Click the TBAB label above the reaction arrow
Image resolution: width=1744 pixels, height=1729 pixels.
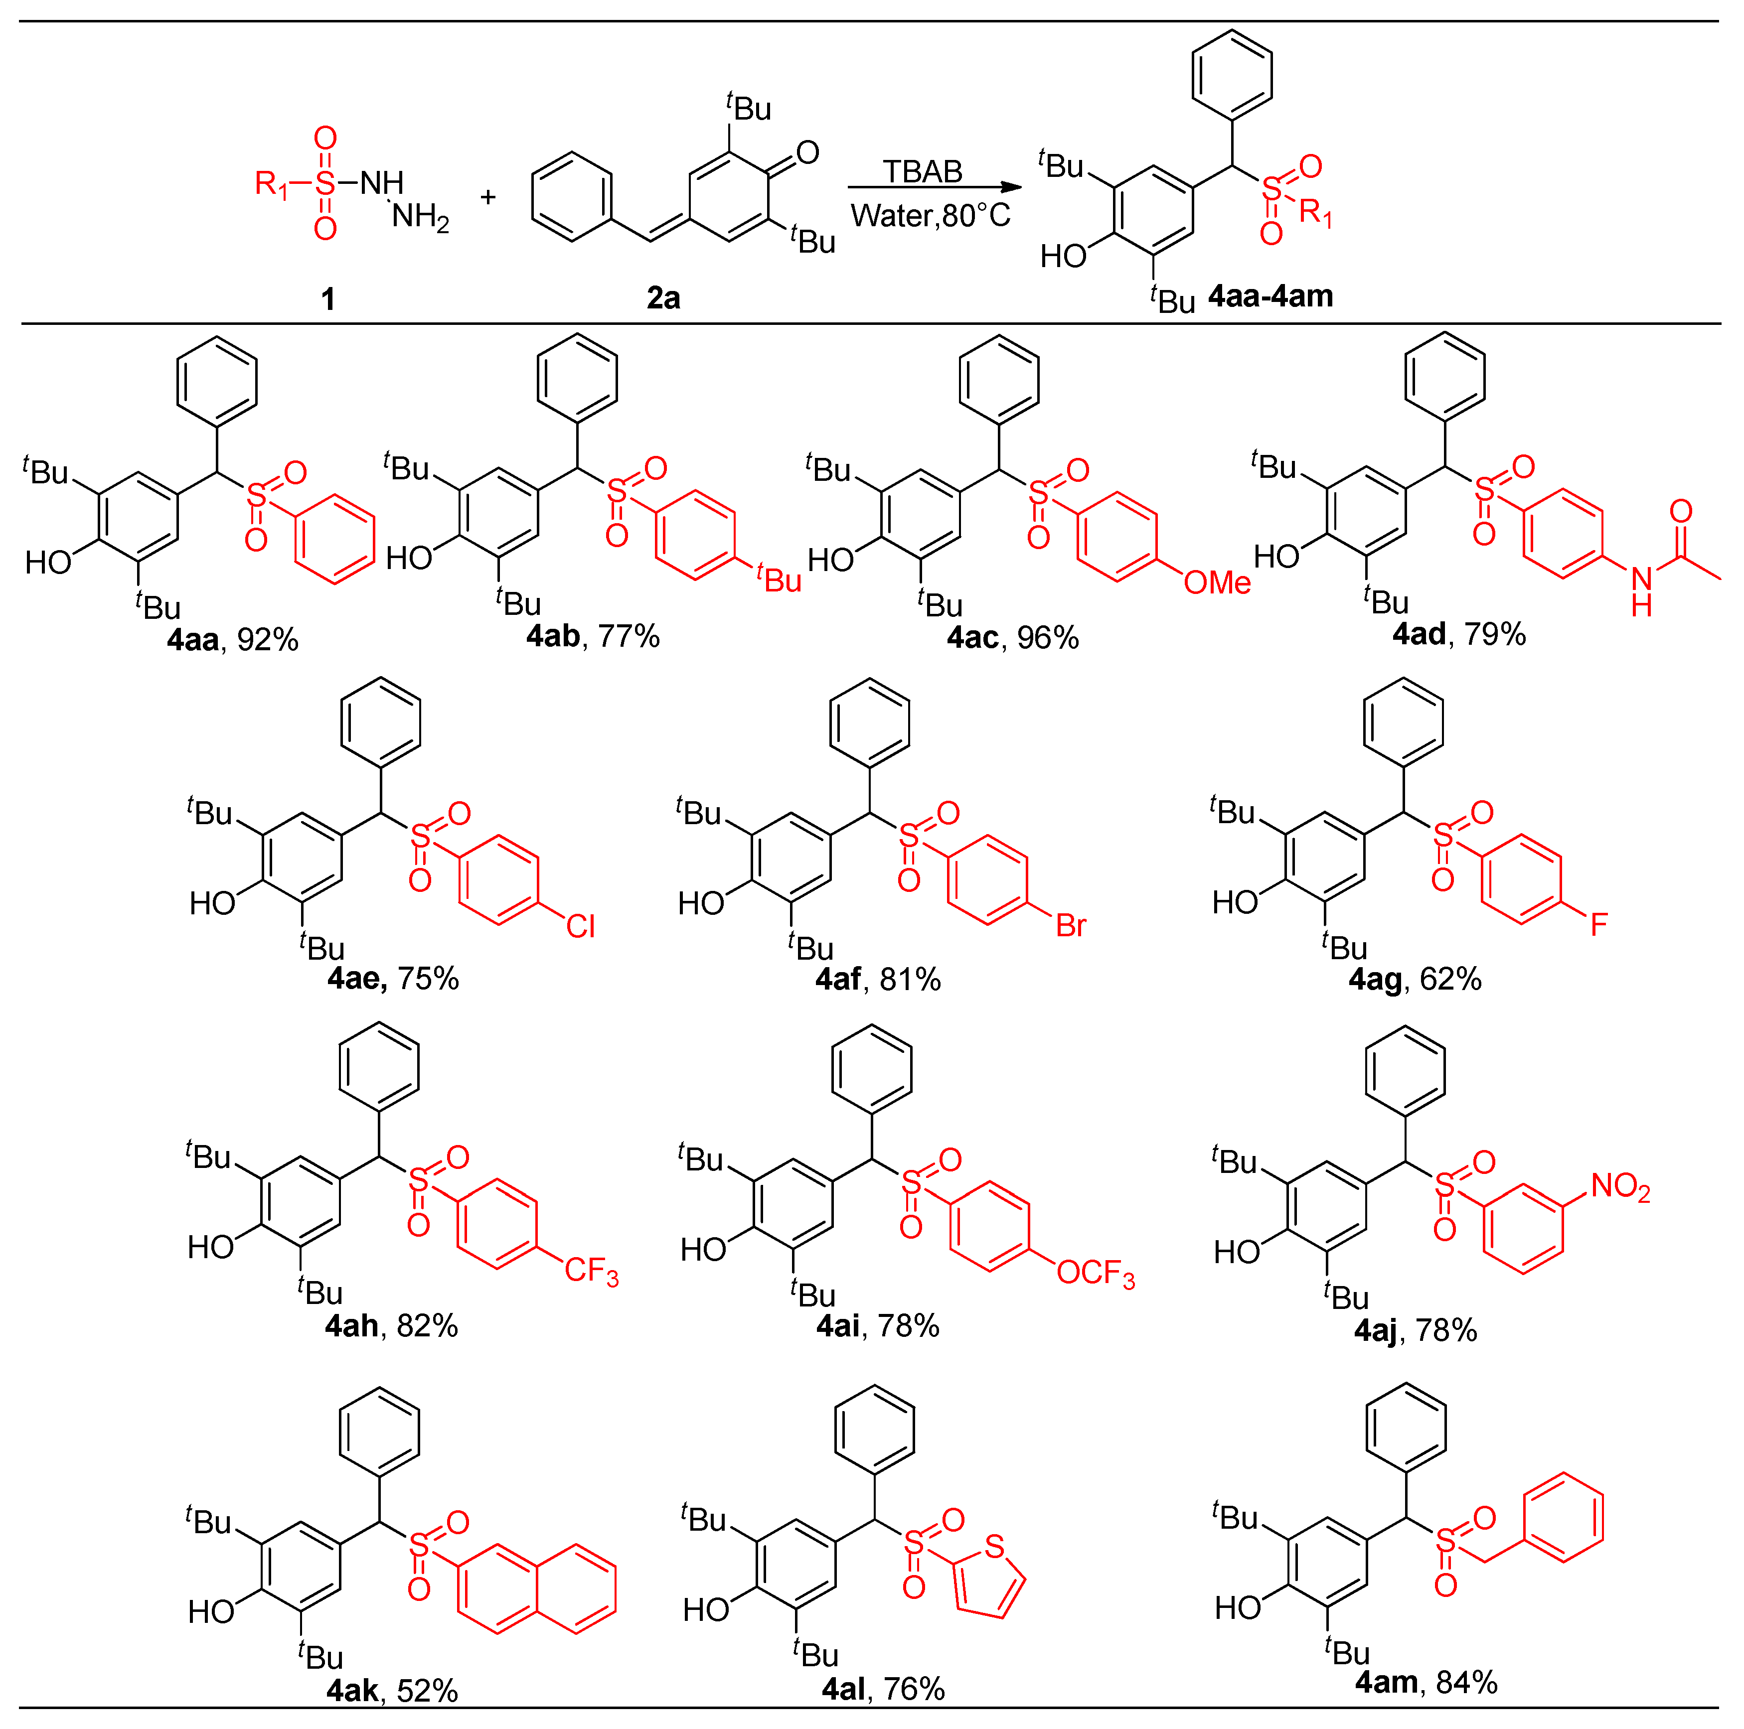point(923,170)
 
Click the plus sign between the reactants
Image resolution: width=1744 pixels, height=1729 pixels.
point(488,197)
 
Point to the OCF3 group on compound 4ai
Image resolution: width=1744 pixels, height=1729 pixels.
point(1095,1273)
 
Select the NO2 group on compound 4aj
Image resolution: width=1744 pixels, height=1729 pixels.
point(1620,1187)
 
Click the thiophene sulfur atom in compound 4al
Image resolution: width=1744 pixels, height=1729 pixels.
point(995,1547)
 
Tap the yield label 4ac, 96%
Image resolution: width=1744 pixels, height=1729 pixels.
point(1013,638)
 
